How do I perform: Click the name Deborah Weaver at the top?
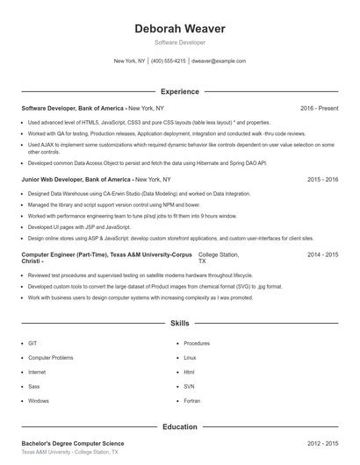tap(179, 28)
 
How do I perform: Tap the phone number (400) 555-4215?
tap(169, 61)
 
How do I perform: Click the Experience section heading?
tap(179, 91)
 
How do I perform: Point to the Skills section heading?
tap(179, 324)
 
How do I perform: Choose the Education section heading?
tap(179, 427)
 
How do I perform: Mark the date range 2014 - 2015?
tap(322, 254)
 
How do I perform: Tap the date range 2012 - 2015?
tap(322, 444)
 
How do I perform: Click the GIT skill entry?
tap(32, 344)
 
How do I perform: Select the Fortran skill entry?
tap(191, 401)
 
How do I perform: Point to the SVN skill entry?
tap(189, 387)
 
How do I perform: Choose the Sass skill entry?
tap(33, 387)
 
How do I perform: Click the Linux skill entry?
tap(190, 358)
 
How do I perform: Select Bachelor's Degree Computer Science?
tap(73, 444)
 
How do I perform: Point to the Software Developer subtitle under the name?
tap(179, 42)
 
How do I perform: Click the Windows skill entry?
tap(39, 401)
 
